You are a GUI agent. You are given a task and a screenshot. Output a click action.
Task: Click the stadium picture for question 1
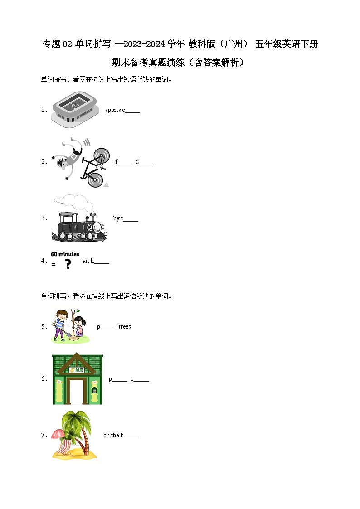75,109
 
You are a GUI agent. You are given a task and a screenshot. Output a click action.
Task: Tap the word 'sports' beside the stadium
113,110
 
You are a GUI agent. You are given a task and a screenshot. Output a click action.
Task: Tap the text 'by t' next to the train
118,218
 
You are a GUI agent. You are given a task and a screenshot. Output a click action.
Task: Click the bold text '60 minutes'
65,254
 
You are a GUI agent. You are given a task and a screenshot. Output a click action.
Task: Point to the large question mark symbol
68,264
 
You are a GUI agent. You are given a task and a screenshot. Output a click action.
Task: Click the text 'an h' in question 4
88,261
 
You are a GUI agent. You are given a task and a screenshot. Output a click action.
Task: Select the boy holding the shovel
61,325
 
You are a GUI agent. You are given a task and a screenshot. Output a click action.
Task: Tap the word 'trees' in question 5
125,326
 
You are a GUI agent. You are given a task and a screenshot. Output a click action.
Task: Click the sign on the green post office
77,370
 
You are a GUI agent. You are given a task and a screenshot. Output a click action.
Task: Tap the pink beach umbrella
58,434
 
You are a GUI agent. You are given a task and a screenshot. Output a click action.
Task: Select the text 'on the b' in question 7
113,435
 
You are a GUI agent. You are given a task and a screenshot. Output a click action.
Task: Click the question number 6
44,379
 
